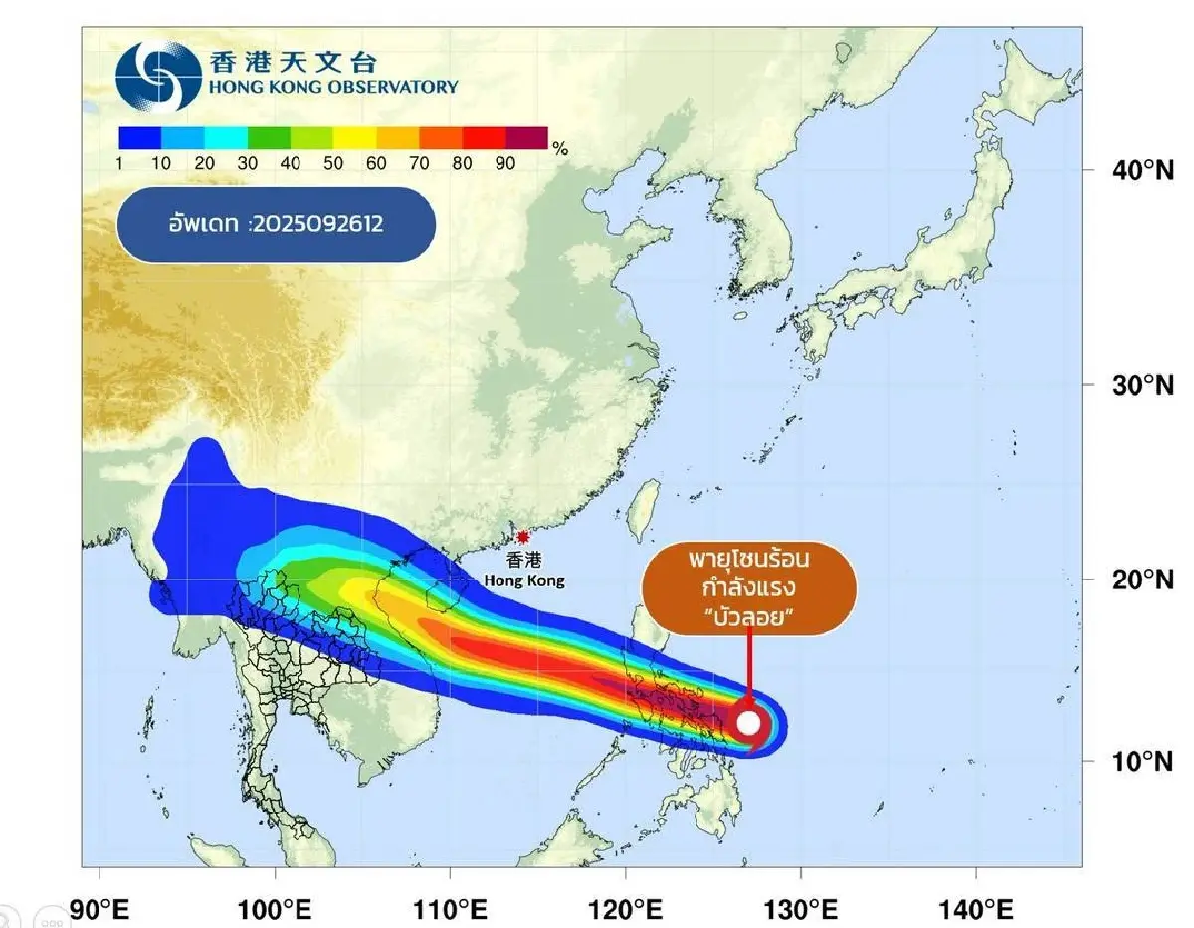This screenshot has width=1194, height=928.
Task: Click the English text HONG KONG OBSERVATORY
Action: (334, 87)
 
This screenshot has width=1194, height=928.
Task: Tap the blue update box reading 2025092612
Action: (277, 224)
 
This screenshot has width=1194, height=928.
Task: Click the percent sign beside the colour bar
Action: (560, 149)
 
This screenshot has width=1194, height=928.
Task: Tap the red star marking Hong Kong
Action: (523, 537)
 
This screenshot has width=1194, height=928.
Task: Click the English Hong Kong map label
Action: (524, 580)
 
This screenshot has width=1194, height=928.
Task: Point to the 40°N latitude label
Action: (1142, 170)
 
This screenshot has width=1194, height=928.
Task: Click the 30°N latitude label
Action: (1142, 385)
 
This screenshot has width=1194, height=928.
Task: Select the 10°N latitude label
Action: (1142, 762)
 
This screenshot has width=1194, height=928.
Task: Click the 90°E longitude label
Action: (99, 910)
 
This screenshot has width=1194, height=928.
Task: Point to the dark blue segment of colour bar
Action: (139, 137)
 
